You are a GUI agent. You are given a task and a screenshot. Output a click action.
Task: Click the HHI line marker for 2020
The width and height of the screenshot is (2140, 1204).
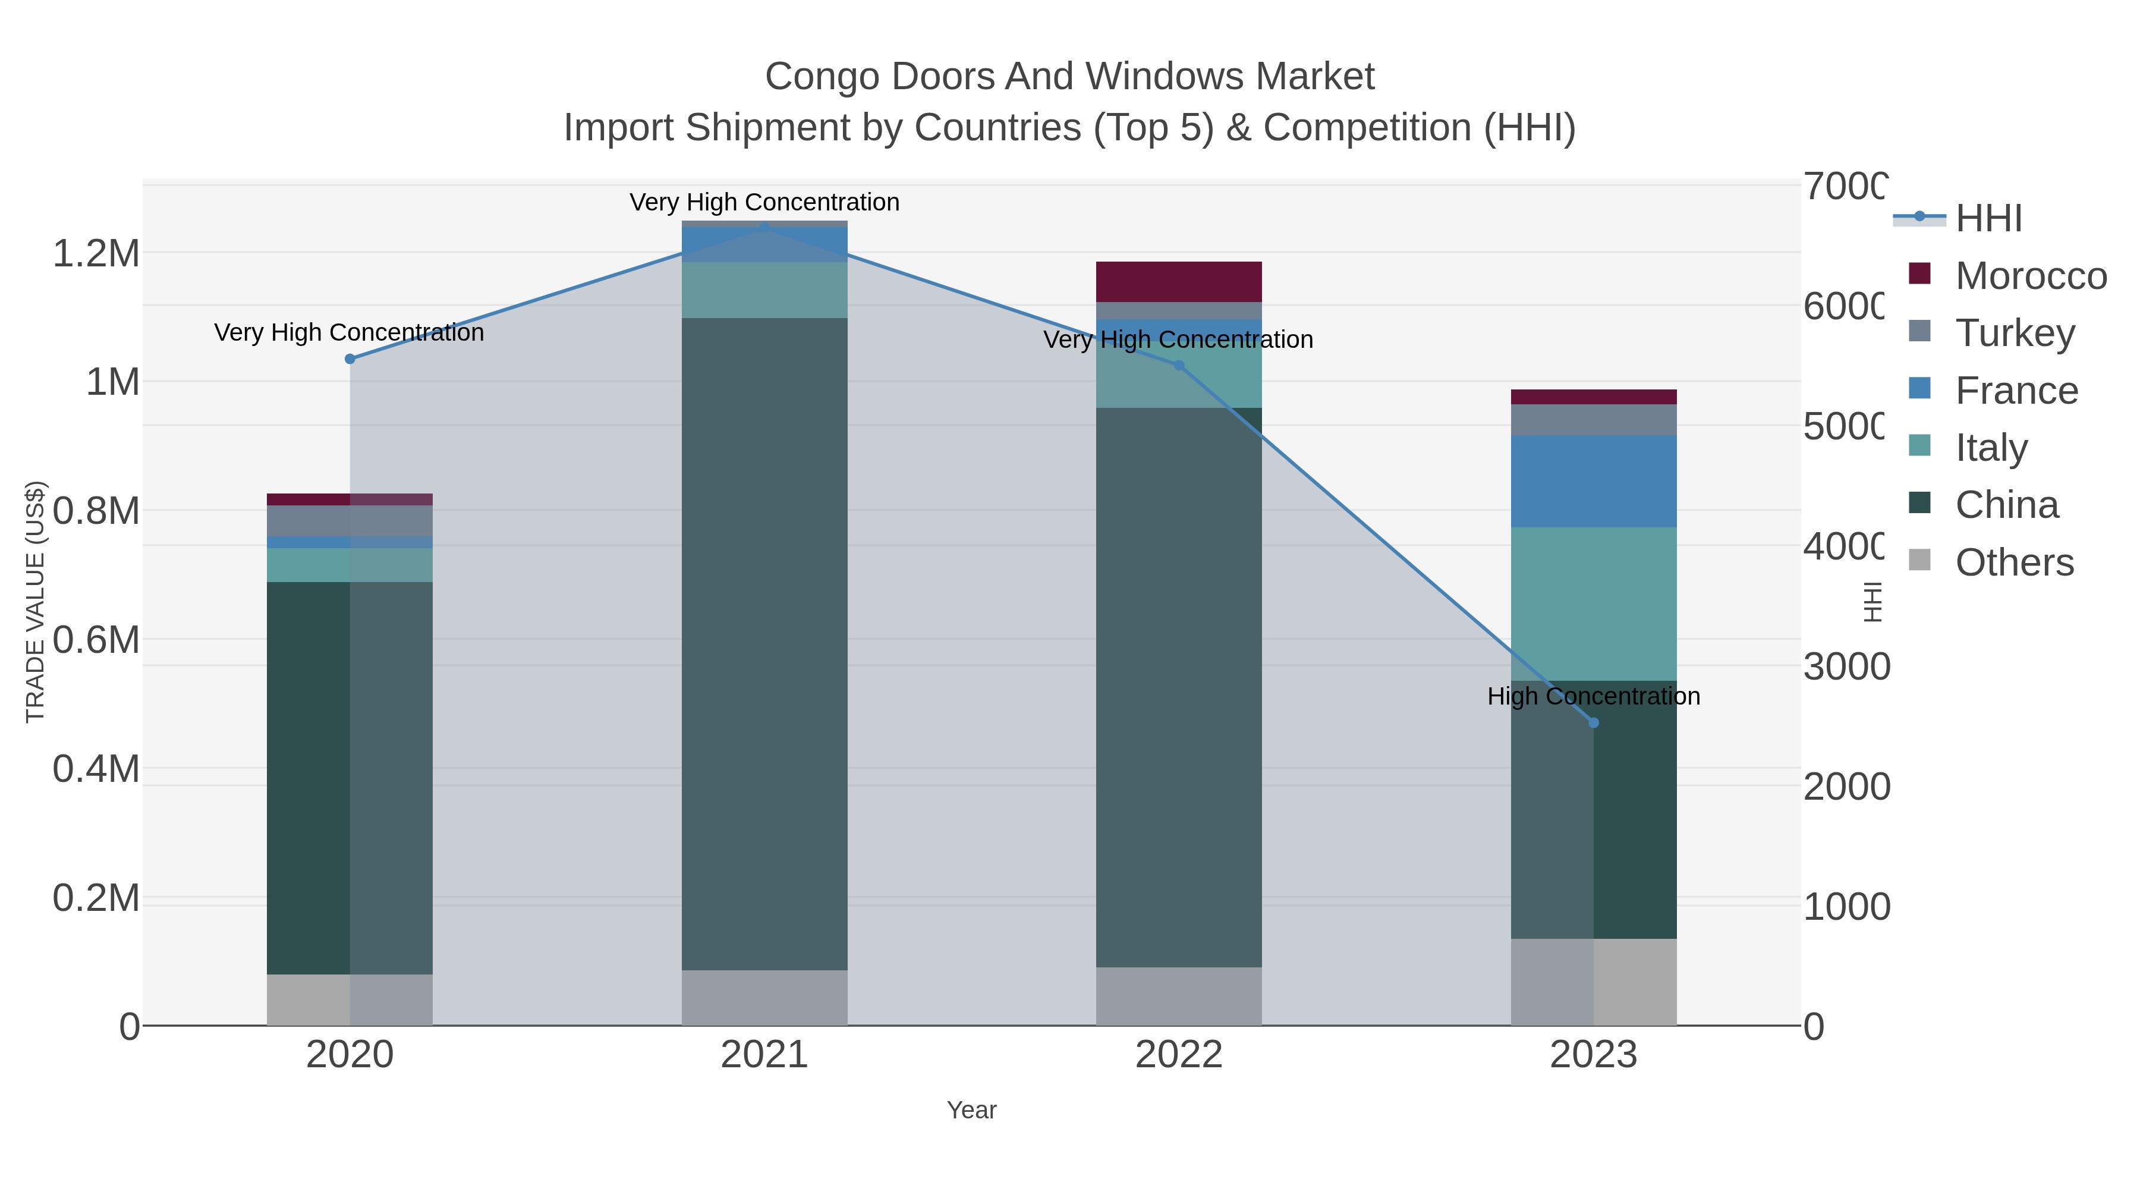pyautogui.click(x=350, y=359)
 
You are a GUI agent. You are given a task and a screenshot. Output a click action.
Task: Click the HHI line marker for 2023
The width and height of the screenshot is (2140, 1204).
pyautogui.click(x=1593, y=723)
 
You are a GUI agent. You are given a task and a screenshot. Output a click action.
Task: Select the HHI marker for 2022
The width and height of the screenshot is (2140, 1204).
pyautogui.click(x=1179, y=366)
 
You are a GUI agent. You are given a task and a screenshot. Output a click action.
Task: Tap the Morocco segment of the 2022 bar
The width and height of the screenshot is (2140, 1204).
pyautogui.click(x=1179, y=282)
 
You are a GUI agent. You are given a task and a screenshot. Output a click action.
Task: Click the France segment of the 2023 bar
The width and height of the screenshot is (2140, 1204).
pyautogui.click(x=1593, y=481)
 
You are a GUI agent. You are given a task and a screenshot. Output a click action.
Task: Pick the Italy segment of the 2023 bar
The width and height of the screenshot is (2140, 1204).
pyautogui.click(x=1593, y=604)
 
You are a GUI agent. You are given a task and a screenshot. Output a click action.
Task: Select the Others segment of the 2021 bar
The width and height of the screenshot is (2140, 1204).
pyautogui.click(x=764, y=997)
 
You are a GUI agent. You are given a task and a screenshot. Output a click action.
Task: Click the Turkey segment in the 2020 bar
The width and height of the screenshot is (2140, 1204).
pyautogui.click(x=350, y=521)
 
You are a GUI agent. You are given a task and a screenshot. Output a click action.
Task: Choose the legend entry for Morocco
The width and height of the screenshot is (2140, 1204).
pyautogui.click(x=2029, y=276)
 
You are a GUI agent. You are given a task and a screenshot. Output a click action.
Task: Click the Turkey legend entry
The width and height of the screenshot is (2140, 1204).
pyautogui.click(x=2015, y=333)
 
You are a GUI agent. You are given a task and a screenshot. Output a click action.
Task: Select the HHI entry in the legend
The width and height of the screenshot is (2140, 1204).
pyautogui.click(x=1987, y=219)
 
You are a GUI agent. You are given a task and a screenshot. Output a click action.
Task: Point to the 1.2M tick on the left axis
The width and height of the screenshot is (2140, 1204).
pyautogui.click(x=96, y=253)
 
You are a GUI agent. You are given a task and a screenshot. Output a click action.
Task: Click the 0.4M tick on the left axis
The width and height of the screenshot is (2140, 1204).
pyautogui.click(x=96, y=769)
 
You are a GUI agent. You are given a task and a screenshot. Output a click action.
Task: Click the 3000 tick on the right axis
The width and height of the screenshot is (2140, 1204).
pyautogui.click(x=1846, y=667)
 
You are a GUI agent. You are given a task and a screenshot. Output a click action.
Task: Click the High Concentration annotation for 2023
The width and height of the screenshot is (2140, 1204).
pyautogui.click(x=1593, y=696)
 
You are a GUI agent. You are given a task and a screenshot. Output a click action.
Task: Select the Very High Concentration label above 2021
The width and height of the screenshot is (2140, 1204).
pyautogui.click(x=764, y=203)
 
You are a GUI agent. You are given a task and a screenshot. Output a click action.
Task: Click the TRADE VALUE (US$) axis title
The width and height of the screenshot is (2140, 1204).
pyautogui.click(x=35, y=602)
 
